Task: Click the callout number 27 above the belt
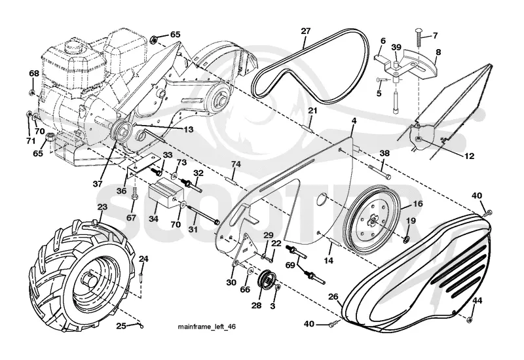pyautogui.click(x=305, y=31)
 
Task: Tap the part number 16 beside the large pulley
pyautogui.click(x=417, y=204)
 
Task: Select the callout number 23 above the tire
pyautogui.click(x=102, y=207)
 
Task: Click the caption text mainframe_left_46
pyautogui.click(x=206, y=326)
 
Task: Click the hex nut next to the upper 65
pyautogui.click(x=155, y=39)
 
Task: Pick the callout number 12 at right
pyautogui.click(x=469, y=156)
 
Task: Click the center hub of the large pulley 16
pyautogui.click(x=373, y=219)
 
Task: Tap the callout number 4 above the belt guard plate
pyautogui.click(x=354, y=120)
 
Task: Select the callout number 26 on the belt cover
pyautogui.click(x=333, y=297)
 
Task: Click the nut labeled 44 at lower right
pyautogui.click(x=469, y=319)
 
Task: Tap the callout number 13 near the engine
pyautogui.click(x=189, y=129)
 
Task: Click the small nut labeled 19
pyautogui.click(x=407, y=239)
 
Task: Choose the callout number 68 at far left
pyautogui.click(x=34, y=73)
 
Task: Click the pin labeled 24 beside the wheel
pyautogui.click(x=141, y=275)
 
